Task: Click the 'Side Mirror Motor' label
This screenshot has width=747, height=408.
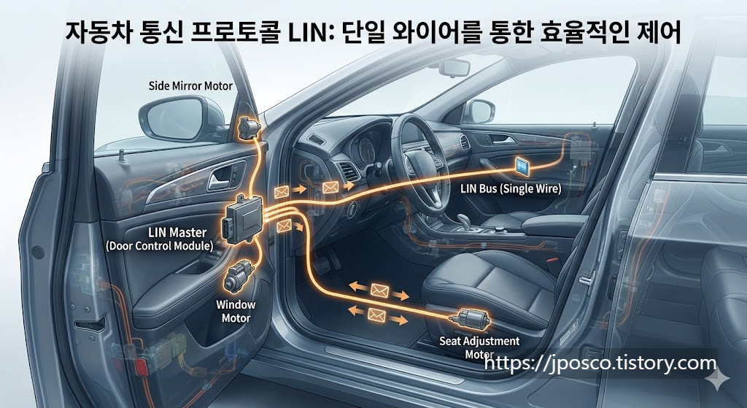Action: [x=190, y=86]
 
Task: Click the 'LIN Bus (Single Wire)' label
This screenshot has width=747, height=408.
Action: [x=510, y=188]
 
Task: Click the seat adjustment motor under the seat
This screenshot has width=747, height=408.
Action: [x=471, y=319]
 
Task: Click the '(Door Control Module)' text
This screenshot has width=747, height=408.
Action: [x=159, y=246]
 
